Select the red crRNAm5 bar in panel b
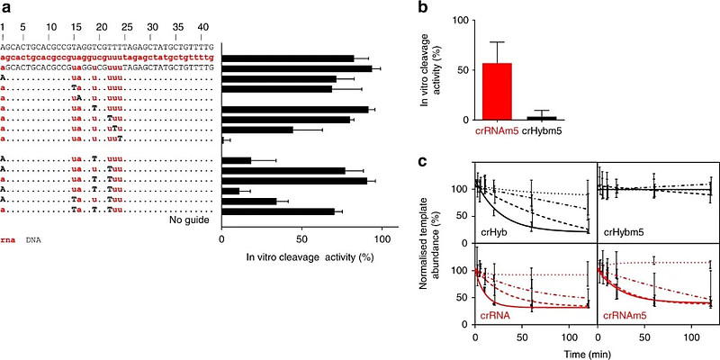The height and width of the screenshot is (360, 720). pos(491,91)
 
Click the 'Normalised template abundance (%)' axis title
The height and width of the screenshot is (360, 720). pos(457,254)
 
